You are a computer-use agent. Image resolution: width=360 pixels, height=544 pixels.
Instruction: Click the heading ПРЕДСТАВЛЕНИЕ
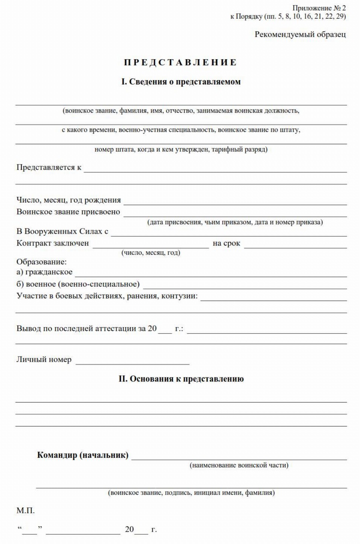point(180,62)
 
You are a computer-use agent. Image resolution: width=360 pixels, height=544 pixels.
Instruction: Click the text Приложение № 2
point(319,8)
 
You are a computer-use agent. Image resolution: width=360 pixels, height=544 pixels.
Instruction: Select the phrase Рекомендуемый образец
point(300,34)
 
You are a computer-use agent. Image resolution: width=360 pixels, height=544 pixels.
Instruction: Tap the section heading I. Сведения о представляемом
point(181,82)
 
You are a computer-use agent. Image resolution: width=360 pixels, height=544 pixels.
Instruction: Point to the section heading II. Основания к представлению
point(181,379)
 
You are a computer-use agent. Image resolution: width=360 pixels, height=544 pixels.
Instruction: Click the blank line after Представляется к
point(215,168)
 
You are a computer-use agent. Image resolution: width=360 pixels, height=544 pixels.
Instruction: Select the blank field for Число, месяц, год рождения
point(235,201)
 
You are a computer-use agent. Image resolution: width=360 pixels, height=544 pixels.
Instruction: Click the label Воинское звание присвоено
point(68,212)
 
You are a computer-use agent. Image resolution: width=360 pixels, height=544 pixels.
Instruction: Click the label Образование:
point(41,262)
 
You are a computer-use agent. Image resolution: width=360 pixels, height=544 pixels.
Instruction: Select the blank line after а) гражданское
point(211,273)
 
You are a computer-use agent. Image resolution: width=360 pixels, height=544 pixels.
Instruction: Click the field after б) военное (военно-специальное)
point(245,285)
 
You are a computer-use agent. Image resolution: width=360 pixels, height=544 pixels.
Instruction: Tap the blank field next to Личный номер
point(132,361)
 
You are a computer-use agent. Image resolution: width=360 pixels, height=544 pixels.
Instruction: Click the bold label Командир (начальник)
point(82,455)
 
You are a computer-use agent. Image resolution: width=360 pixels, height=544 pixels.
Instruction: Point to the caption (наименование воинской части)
point(239,465)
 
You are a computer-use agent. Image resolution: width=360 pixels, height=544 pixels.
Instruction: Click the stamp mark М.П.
point(25,511)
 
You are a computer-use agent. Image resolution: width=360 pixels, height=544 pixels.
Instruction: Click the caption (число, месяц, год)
point(151,253)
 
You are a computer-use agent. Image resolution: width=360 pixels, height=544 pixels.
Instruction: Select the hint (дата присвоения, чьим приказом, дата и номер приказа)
point(235,222)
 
